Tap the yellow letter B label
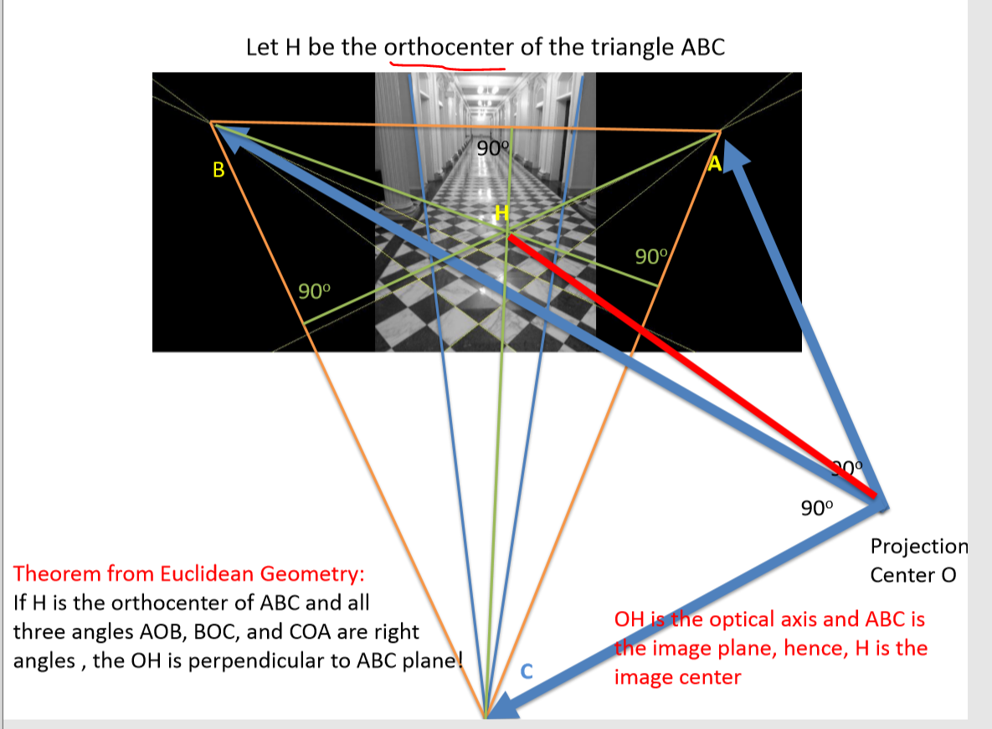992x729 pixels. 218,171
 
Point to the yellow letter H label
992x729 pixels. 501,213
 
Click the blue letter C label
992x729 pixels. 527,670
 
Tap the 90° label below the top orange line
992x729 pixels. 492,149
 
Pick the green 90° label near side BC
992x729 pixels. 315,291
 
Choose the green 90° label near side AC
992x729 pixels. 651,256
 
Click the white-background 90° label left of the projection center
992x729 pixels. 817,507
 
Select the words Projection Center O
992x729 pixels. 917,561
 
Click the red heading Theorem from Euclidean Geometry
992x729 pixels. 189,574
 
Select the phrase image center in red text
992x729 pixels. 677,677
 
